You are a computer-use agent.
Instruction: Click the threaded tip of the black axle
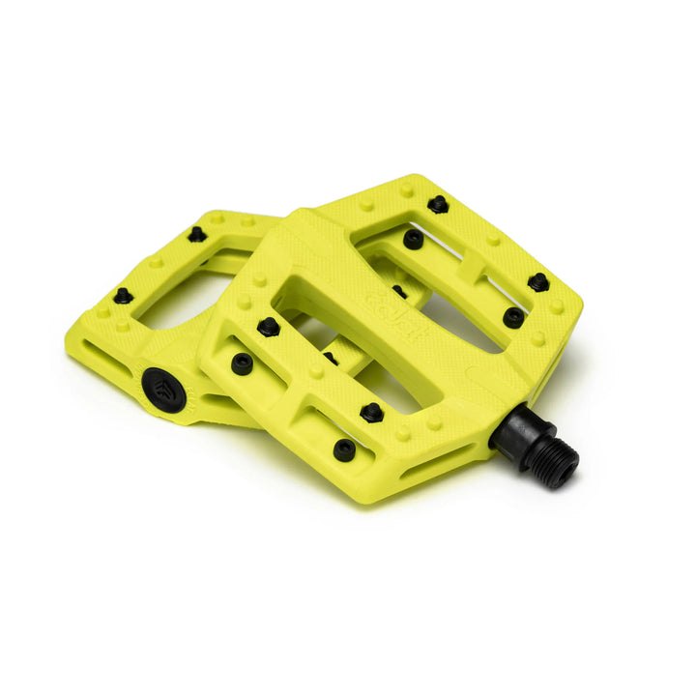pos(559,467)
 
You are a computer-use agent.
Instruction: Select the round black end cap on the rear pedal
pos(160,386)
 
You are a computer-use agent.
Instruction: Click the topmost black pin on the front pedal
pos(438,204)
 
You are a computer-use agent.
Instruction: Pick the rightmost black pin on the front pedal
pos(538,282)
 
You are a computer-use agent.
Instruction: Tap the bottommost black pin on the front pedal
pos(344,449)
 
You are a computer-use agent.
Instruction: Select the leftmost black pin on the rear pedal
pos(123,296)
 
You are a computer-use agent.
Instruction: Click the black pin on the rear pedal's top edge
pos(197,234)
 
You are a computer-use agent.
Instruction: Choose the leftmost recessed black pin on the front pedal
pos(242,363)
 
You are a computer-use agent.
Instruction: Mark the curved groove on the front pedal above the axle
pos(493,372)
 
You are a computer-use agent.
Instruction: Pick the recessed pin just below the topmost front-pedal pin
pos(413,239)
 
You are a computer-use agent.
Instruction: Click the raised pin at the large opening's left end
pos(269,327)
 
